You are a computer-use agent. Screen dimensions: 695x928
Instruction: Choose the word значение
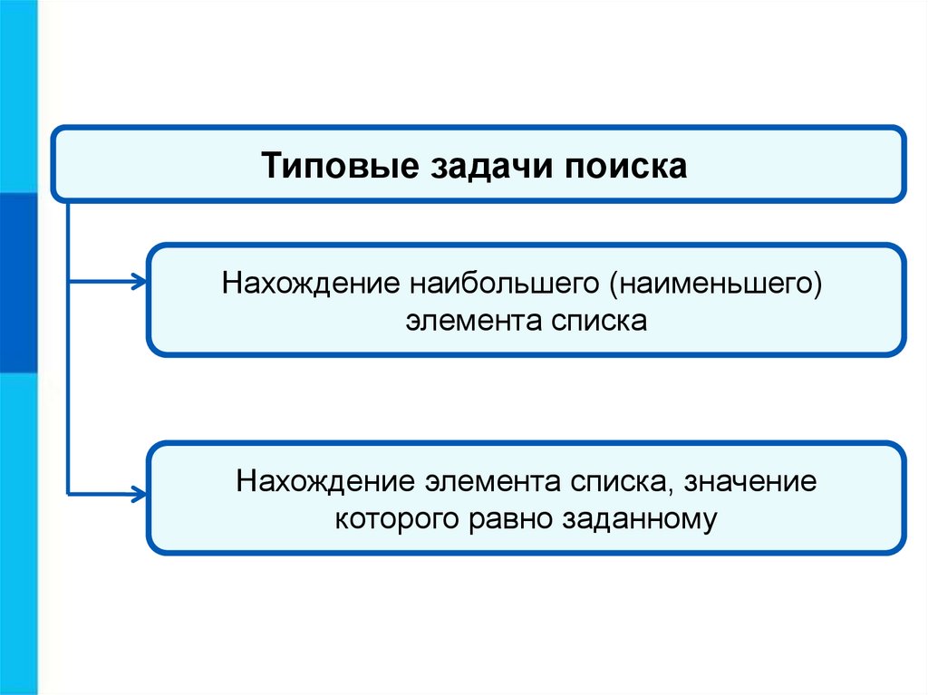pos(750,480)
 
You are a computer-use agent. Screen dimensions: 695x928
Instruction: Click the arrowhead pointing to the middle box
pos(138,283)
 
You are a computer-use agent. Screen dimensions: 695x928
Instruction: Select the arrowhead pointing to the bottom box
pos(138,494)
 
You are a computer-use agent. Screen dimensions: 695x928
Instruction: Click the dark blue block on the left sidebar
pos(17,282)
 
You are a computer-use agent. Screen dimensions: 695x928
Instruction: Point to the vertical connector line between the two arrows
pos(69,390)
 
